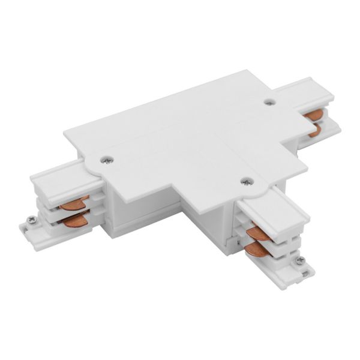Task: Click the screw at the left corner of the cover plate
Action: click(x=107, y=160)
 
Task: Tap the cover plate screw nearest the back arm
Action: click(x=269, y=103)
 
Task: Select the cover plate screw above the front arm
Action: click(x=244, y=180)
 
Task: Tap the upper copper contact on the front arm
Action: click(x=260, y=230)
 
